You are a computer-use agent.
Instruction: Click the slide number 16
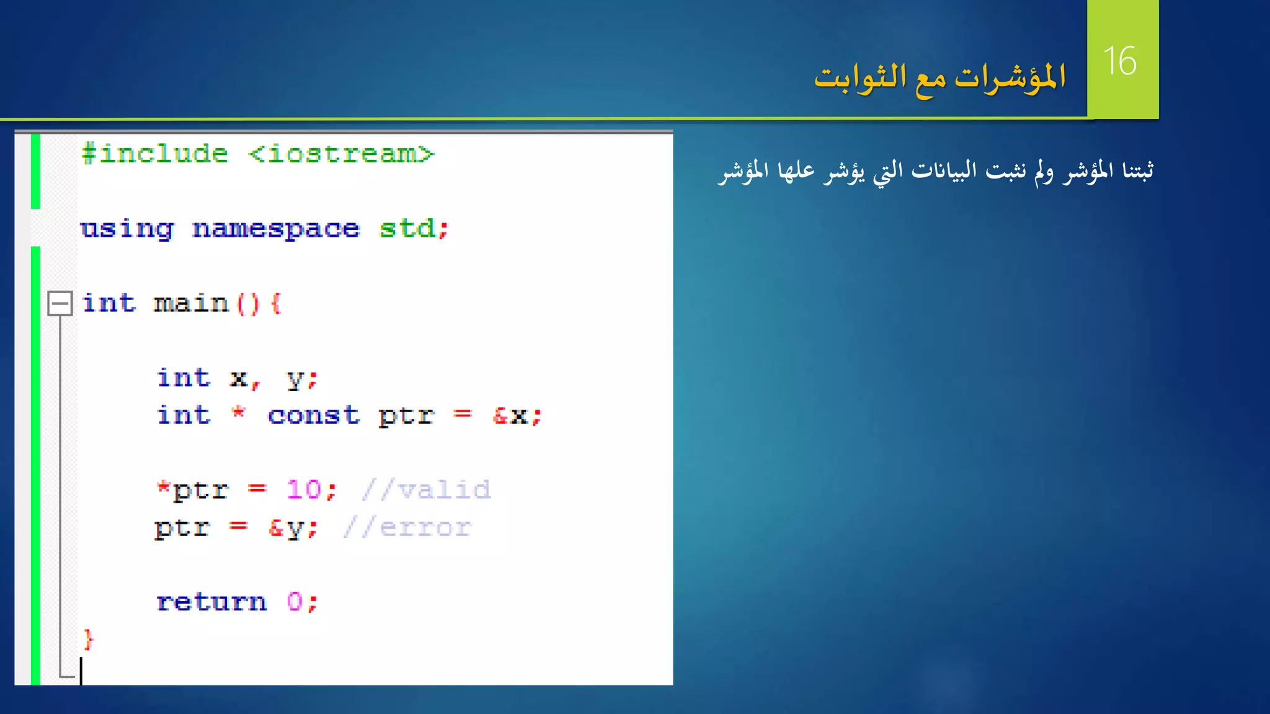[x=1120, y=61]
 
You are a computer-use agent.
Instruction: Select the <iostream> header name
[x=341, y=154]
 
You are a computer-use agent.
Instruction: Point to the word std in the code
[x=407, y=229]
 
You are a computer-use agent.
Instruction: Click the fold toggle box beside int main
[x=60, y=304]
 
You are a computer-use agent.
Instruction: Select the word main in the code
[x=191, y=304]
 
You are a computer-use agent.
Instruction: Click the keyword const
[x=314, y=415]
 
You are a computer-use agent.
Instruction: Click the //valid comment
[x=427, y=490]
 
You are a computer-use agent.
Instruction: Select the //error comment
[x=407, y=527]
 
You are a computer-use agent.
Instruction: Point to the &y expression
[x=286, y=528]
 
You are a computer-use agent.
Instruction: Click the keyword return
[x=211, y=602]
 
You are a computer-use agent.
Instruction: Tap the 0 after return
[x=295, y=602]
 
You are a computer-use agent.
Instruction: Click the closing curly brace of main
[x=89, y=639]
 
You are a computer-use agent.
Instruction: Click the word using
[x=127, y=229]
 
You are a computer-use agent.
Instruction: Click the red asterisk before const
[x=238, y=412]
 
